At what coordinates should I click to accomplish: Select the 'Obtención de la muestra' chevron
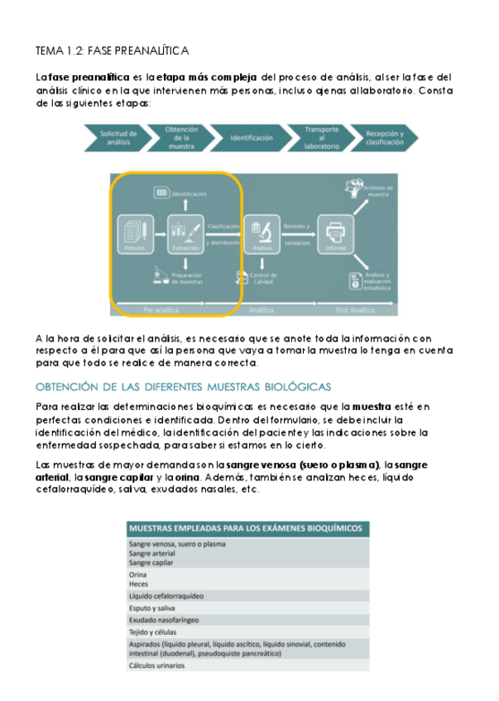[x=180, y=137]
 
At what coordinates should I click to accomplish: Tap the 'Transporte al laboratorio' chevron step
[x=321, y=137]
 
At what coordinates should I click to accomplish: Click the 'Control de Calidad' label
[x=263, y=279]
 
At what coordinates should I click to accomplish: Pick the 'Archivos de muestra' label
[x=377, y=191]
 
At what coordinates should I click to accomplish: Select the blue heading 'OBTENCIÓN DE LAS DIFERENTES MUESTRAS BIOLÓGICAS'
[x=183, y=386]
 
